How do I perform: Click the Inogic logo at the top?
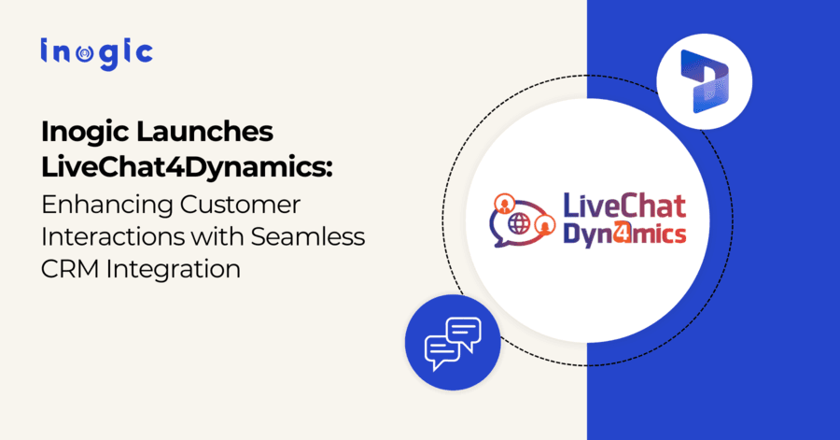pyautogui.click(x=95, y=52)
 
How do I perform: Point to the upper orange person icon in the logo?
pyautogui.click(x=505, y=201)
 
